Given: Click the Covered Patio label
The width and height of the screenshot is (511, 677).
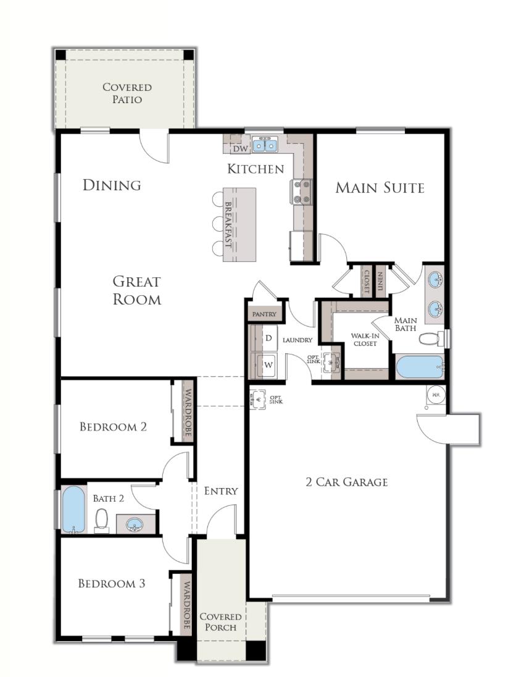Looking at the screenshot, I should click(x=127, y=93).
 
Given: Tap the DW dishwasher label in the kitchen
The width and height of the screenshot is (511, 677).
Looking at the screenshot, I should click(x=240, y=148).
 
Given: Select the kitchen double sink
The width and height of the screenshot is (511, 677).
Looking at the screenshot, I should click(x=265, y=145).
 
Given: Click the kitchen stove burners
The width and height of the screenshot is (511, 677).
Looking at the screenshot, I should click(x=302, y=191).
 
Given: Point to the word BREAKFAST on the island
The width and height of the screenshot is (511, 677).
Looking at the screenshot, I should click(x=228, y=224).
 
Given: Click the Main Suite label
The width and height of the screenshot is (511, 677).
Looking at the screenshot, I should click(x=380, y=188).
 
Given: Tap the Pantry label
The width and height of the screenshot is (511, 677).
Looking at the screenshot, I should click(x=264, y=314).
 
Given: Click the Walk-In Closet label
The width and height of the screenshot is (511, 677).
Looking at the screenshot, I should click(x=365, y=339).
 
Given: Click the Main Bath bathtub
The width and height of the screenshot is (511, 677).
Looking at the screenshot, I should click(x=420, y=366).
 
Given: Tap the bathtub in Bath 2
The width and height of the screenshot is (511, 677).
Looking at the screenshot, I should click(x=73, y=509).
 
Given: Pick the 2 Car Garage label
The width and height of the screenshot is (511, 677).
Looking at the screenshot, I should click(x=347, y=482).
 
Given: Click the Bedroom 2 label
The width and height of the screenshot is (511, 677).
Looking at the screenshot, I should click(x=113, y=426).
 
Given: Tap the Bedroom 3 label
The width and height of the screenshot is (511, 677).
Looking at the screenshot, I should click(x=112, y=583).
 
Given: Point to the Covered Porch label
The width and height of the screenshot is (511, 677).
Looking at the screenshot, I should click(x=220, y=621).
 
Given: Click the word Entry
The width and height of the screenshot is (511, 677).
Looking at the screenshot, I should click(x=221, y=491).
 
